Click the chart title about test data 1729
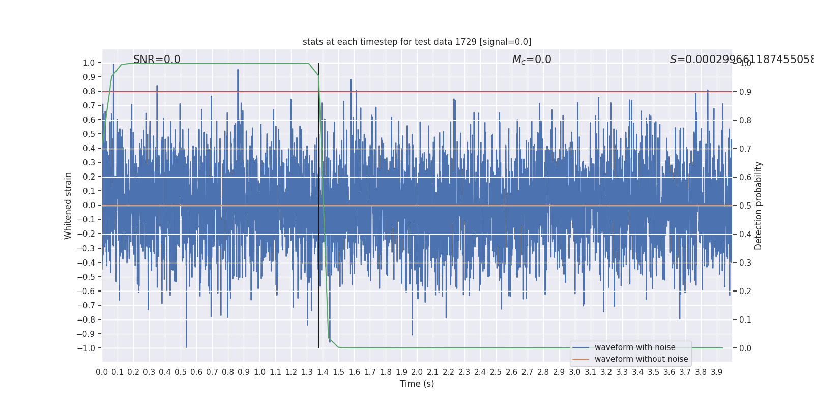pyautogui.click(x=417, y=42)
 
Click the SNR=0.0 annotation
pyautogui.click(x=157, y=60)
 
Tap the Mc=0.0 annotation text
pyautogui.click(x=532, y=60)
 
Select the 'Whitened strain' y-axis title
pyautogui.click(x=68, y=206)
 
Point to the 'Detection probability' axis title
pyautogui.click(x=759, y=206)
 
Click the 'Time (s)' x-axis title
pyautogui.click(x=417, y=384)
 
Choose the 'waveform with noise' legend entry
pyautogui.click(x=634, y=347)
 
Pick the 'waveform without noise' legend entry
pyautogui.click(x=641, y=359)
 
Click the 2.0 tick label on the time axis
pyautogui.click(x=417, y=372)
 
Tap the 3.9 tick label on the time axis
pyautogui.click(x=717, y=372)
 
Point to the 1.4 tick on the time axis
pyautogui.click(x=323, y=372)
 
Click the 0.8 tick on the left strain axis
pyautogui.click(x=89, y=92)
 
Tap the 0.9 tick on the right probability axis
pyautogui.click(x=745, y=92)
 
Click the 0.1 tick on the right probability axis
pyautogui.click(x=745, y=320)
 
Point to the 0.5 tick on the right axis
pyautogui.click(x=745, y=206)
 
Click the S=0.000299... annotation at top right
pyautogui.click(x=742, y=60)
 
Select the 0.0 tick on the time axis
pyautogui.click(x=102, y=372)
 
